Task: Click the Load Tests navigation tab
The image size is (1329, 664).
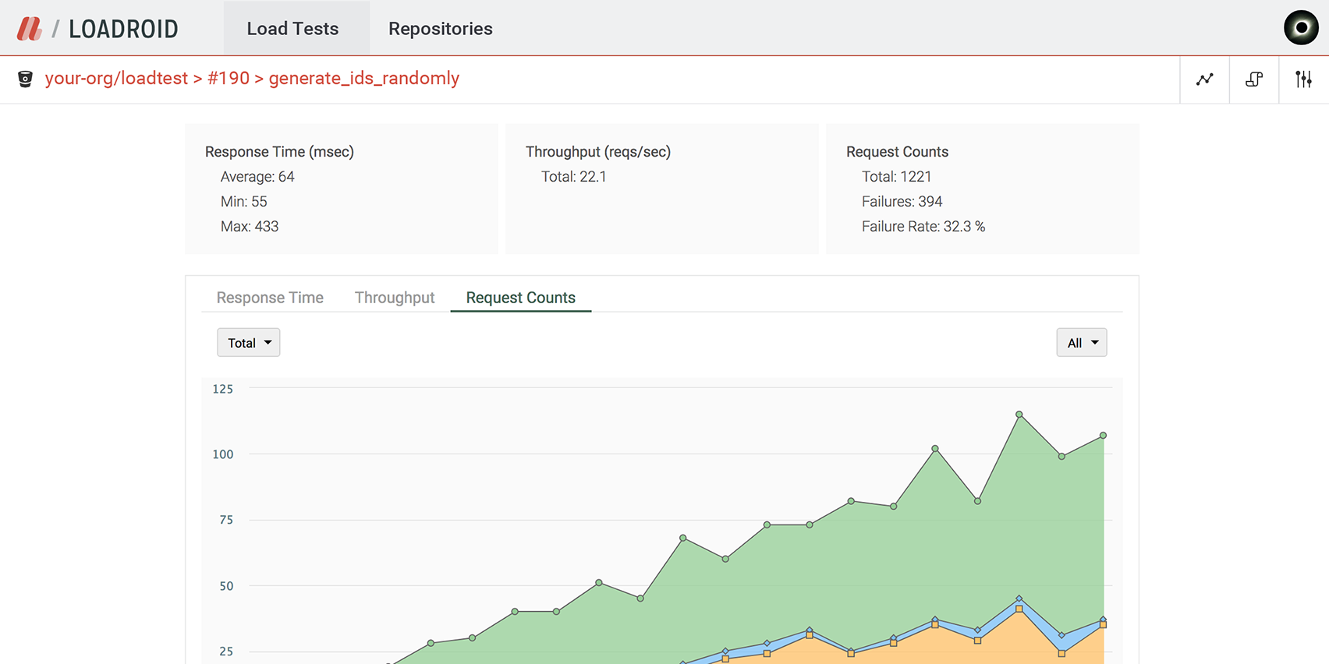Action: tap(292, 29)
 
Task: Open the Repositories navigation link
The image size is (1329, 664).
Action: tap(440, 29)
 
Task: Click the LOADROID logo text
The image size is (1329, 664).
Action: tap(123, 30)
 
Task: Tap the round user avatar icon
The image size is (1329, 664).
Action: tap(1301, 28)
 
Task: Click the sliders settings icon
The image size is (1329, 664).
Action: tap(1303, 79)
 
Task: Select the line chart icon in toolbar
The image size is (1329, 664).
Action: tap(1205, 79)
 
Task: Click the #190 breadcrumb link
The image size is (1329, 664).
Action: tap(229, 79)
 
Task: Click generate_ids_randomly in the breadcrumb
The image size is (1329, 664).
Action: tap(364, 79)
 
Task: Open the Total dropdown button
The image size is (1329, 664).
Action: tap(248, 343)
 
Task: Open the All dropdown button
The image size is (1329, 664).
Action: tap(1081, 343)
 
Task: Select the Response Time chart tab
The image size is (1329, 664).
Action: tap(270, 298)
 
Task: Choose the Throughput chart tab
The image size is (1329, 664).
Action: tap(395, 298)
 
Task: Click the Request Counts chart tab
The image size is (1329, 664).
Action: tap(520, 298)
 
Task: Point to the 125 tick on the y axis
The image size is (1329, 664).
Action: tap(223, 389)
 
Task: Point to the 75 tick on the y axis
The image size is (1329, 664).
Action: tap(226, 520)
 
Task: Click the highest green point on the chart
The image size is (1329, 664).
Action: tap(1019, 415)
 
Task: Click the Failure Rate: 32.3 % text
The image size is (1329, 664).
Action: tap(923, 227)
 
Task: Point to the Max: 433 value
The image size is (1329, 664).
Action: tap(250, 227)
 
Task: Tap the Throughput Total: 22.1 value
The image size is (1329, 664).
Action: tap(573, 177)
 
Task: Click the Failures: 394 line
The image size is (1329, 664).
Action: tap(902, 202)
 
